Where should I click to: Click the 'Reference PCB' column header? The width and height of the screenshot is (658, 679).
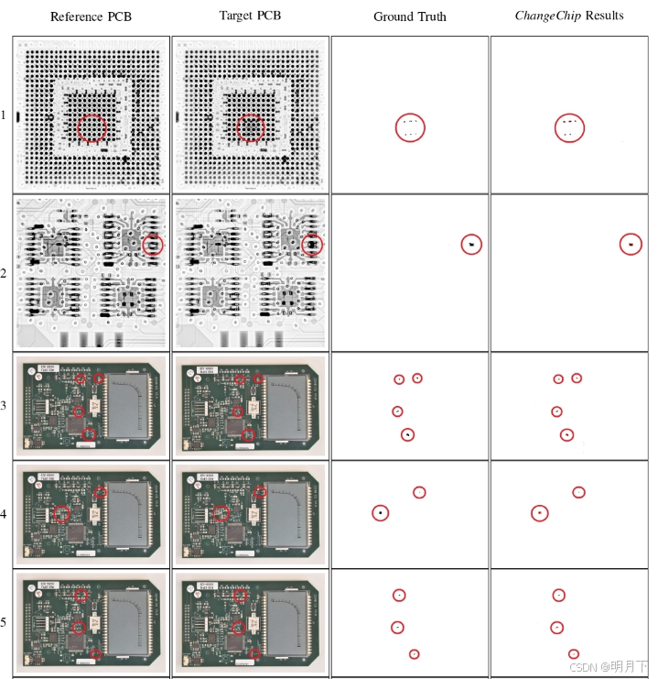[x=89, y=17]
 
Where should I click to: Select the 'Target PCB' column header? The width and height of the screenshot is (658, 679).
[x=250, y=16]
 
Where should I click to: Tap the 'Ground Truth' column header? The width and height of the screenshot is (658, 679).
[x=409, y=17]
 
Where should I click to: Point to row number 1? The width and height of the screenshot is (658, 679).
[x=5, y=115]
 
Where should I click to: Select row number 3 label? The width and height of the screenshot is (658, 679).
[x=5, y=405]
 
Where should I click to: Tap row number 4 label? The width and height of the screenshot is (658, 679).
[x=5, y=514]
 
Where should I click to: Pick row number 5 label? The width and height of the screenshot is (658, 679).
[x=5, y=623]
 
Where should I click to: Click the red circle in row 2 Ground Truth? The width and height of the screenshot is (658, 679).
[x=471, y=244]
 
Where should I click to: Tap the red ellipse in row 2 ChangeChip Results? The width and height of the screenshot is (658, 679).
[x=630, y=244]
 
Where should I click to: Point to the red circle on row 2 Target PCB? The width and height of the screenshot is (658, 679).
[x=312, y=245]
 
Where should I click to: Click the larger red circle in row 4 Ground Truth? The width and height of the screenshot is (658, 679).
[x=380, y=513]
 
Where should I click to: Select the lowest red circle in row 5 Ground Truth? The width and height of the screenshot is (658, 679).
[x=414, y=654]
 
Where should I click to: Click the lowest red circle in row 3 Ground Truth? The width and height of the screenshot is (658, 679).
[x=407, y=434]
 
